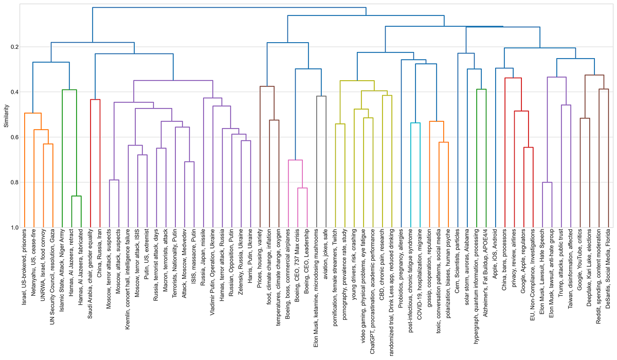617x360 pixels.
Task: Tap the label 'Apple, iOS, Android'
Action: pyautogui.click(x=495, y=255)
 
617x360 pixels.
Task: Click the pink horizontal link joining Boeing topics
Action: pyautogui.click(x=295, y=160)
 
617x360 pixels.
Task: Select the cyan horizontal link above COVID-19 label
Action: pyautogui.click(x=415, y=123)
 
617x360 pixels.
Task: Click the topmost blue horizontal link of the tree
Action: pyautogui.click(x=229, y=8)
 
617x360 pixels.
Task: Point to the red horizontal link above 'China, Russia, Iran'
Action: pyautogui.click(x=95, y=99)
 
